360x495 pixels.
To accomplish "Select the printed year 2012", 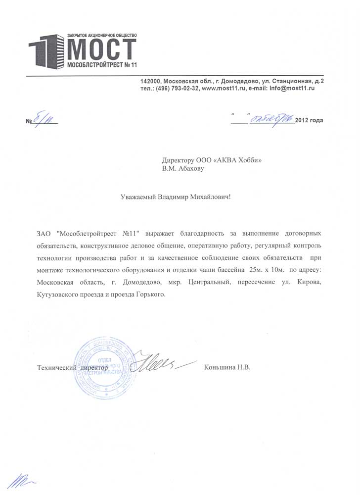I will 302,120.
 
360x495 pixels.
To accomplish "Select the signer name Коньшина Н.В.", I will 227,368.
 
